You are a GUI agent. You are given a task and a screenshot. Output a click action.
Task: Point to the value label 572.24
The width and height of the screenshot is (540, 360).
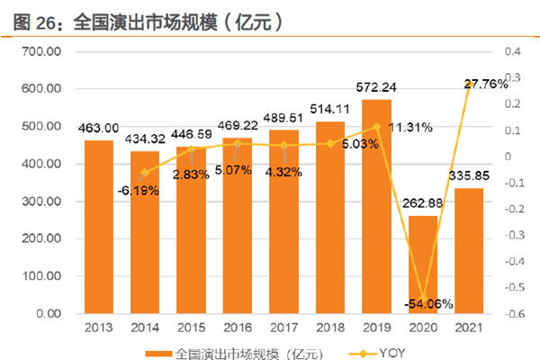[378, 87]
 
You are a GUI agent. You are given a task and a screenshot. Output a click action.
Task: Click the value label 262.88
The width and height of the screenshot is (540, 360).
[423, 202]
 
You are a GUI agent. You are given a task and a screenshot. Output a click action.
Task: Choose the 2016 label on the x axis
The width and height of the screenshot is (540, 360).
[238, 329]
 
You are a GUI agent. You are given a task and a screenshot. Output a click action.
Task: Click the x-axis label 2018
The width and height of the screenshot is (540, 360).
[330, 329]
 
